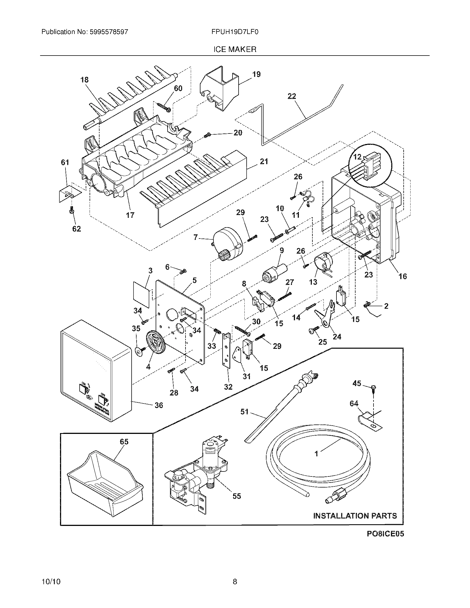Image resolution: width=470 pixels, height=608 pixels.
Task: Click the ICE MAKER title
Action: pyautogui.click(x=235, y=49)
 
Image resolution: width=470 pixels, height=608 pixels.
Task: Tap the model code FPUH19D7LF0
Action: pyautogui.click(x=235, y=32)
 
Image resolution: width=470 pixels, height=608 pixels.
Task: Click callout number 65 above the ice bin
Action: pyautogui.click(x=124, y=442)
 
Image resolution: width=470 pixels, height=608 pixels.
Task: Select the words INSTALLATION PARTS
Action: pyautogui.click(x=355, y=516)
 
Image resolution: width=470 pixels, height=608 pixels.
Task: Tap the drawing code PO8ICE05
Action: pyautogui.click(x=385, y=534)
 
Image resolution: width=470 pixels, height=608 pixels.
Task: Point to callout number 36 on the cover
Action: pyautogui.click(x=159, y=405)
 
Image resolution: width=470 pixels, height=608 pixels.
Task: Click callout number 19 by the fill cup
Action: pyautogui.click(x=256, y=74)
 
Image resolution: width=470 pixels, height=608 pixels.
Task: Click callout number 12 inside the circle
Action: pyautogui.click(x=357, y=157)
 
